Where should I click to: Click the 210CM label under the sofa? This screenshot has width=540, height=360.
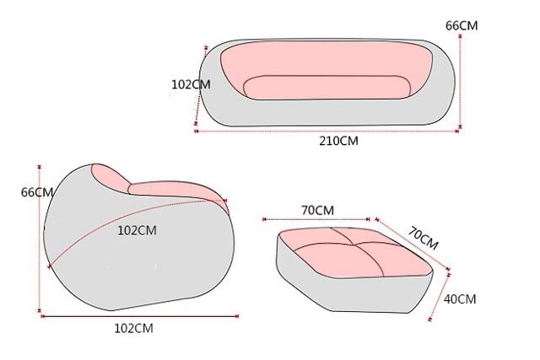point(338,141)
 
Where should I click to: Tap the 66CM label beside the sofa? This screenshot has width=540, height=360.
point(462,25)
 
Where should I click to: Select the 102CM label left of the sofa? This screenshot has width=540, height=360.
point(191,84)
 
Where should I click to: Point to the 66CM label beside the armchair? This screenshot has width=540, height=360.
point(37,192)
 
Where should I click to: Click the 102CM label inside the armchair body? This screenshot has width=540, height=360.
point(137,230)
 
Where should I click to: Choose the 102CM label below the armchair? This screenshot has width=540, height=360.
point(133,328)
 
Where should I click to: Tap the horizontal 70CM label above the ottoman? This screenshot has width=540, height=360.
point(317,210)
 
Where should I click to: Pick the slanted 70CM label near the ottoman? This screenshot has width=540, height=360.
point(424,238)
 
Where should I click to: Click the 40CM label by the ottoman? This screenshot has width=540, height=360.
point(460,299)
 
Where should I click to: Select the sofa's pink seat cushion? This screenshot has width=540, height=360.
point(327,87)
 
